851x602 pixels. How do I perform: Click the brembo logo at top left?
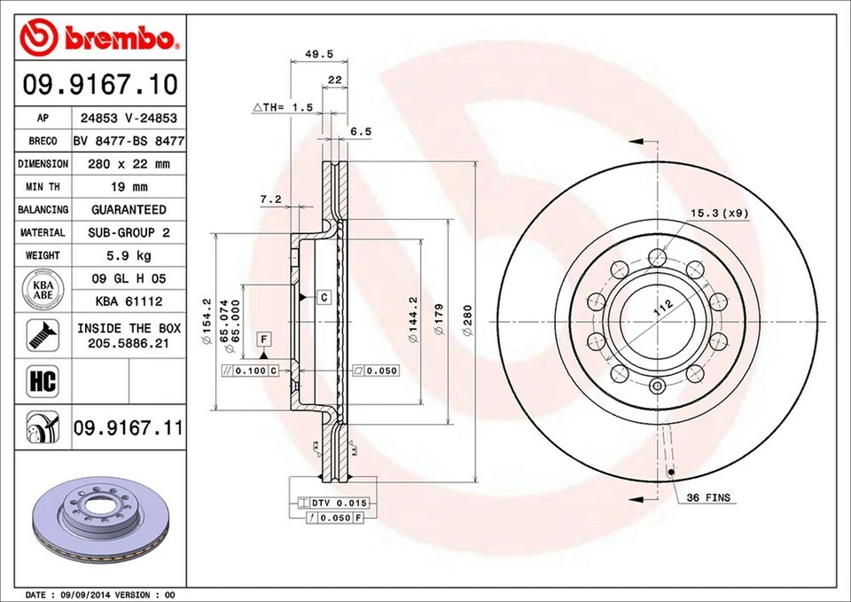tap(99, 36)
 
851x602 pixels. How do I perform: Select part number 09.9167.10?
tap(99, 85)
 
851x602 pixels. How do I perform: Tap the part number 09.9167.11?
tap(128, 429)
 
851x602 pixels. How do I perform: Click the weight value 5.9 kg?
tap(129, 255)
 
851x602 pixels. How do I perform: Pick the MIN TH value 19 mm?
tap(129, 187)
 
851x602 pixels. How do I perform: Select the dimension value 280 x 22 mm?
tap(129, 164)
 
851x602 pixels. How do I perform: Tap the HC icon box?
tap(43, 382)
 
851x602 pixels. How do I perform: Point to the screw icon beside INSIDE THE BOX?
tap(43, 334)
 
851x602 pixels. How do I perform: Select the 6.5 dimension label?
tap(360, 131)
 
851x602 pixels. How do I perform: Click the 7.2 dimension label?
tap(270, 199)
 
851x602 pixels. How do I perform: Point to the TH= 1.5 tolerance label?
tap(284, 107)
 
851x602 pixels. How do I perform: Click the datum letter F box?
tap(263, 338)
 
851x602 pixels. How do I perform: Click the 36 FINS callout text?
tap(708, 498)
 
